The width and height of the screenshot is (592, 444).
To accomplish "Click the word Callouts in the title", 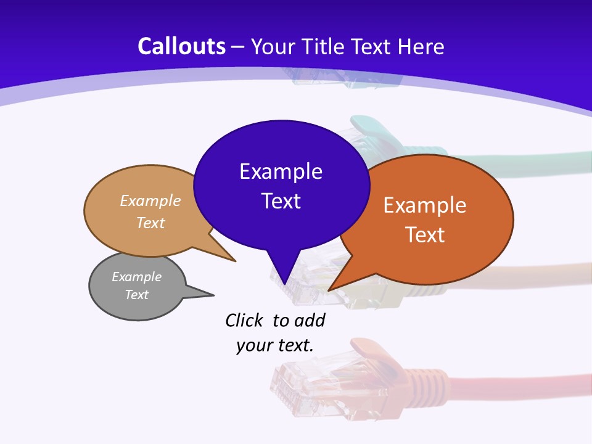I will [181, 46].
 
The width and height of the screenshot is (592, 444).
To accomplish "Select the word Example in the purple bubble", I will [281, 171].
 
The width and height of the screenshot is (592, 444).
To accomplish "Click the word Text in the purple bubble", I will [281, 201].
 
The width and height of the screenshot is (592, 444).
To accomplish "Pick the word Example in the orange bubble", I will [425, 205].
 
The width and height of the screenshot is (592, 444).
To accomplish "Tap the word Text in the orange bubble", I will [425, 235].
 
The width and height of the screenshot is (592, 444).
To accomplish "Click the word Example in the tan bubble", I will [150, 201].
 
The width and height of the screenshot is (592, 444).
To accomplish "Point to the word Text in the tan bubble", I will [150, 223].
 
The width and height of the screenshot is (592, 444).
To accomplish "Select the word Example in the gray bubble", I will [136, 277].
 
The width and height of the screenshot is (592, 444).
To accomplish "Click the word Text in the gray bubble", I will [136, 295].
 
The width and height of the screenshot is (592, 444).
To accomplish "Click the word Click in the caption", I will [244, 321].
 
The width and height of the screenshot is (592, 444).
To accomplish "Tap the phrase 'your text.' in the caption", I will [274, 345].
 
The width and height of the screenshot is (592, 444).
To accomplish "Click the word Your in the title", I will [271, 46].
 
